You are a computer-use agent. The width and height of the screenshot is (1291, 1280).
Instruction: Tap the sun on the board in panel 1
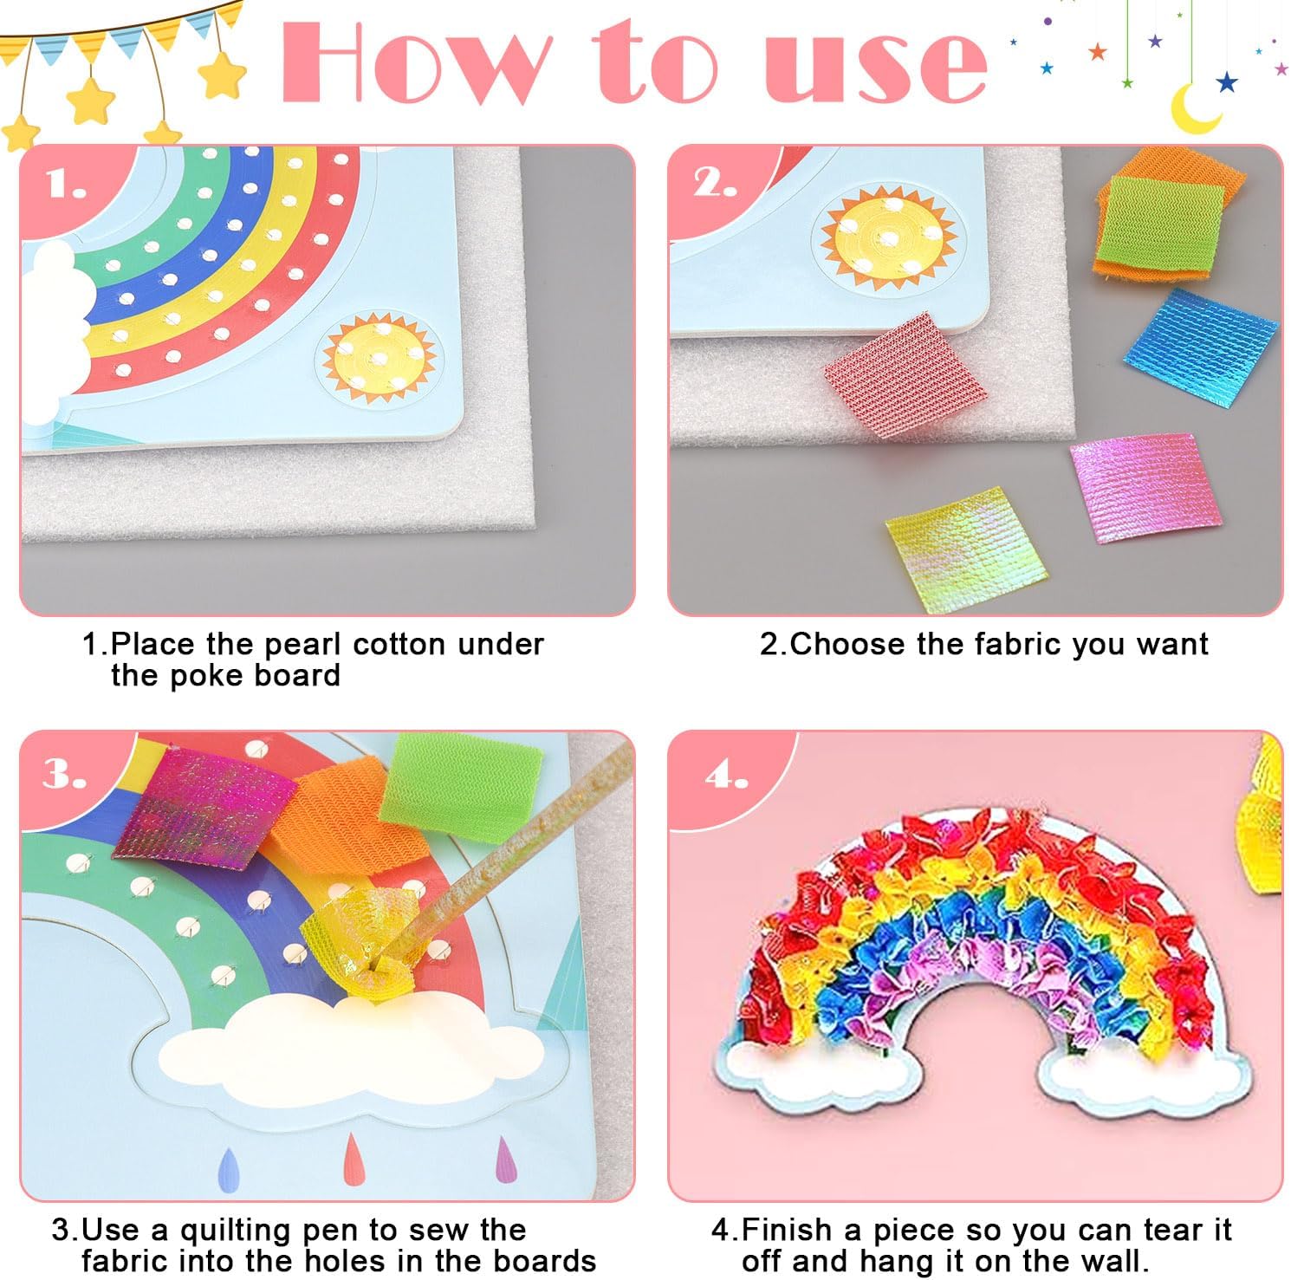click(380, 354)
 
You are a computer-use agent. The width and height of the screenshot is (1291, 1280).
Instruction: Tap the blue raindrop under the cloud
click(228, 1170)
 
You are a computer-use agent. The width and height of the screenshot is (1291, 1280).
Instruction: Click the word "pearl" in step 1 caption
click(304, 645)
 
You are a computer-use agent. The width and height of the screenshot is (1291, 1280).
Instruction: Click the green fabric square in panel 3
click(459, 777)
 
